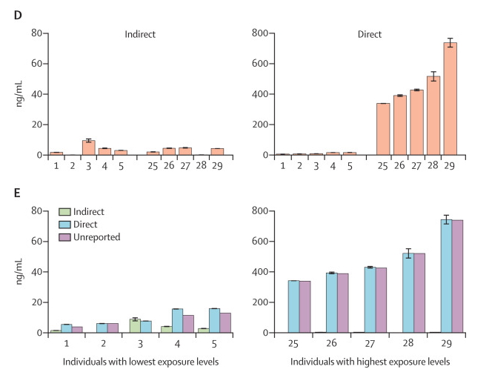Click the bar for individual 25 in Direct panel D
(x=383, y=129)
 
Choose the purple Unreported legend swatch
(x=56, y=238)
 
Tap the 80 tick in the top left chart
(x=34, y=33)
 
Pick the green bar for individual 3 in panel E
(x=135, y=326)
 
